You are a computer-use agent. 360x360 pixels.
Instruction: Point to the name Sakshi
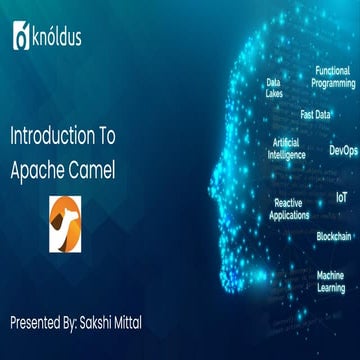[x=131, y=296]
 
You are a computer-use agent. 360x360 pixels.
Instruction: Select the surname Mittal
[x=176, y=296]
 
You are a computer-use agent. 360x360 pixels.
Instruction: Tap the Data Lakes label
[x=273, y=87]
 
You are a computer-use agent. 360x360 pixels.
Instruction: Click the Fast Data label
[x=315, y=114]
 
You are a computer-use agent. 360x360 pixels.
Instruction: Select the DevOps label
[x=343, y=150]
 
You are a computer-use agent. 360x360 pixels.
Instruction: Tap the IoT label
[x=341, y=198]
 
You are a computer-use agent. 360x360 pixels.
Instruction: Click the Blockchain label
[x=333, y=236]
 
